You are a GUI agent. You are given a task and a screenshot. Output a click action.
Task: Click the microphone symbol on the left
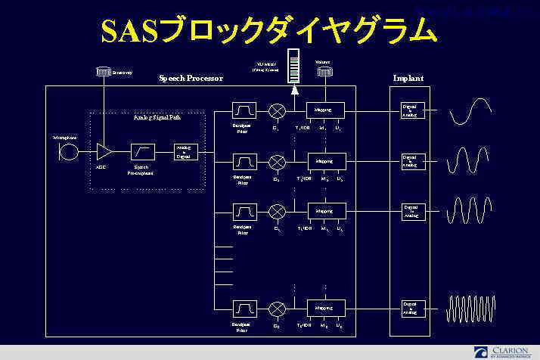point(70,152)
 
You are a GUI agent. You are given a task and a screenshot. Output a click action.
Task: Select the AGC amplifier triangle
point(103,151)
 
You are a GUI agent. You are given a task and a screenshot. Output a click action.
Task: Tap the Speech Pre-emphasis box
point(143,151)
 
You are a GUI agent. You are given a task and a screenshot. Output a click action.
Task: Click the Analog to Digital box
point(182,152)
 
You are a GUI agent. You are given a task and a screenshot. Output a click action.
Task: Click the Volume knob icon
point(325,72)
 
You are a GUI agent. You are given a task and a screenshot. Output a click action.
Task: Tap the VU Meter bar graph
point(294,67)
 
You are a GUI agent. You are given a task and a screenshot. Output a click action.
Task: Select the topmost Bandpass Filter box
point(245,110)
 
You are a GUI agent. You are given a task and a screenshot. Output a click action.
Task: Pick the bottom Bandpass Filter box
point(245,309)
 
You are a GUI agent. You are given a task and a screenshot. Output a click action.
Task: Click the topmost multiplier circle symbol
point(277,110)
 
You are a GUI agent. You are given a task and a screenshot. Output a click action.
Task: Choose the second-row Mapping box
point(325,161)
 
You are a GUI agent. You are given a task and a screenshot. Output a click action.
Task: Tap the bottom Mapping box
point(325,309)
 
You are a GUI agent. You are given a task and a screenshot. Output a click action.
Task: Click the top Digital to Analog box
point(412,110)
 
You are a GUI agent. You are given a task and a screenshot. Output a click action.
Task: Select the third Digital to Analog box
point(412,211)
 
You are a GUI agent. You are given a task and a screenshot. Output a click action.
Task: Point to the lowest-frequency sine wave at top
point(470,112)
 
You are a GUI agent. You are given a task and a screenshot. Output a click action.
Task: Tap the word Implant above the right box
point(408,78)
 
